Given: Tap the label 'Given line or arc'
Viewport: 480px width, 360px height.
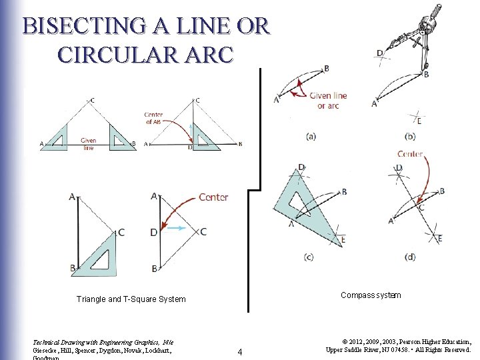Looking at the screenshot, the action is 328,101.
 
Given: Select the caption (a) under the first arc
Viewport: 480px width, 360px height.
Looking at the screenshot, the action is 311,137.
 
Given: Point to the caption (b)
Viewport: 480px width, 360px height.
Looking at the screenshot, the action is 410,137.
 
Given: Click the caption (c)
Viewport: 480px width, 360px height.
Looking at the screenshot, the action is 309,257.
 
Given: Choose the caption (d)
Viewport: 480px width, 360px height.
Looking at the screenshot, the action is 410,257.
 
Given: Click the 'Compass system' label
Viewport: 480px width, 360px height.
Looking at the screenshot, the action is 371,295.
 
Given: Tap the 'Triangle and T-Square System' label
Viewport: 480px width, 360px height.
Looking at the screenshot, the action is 131,299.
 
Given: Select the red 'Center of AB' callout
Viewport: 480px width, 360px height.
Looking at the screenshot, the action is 153,119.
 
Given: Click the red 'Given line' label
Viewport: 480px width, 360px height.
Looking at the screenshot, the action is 89,144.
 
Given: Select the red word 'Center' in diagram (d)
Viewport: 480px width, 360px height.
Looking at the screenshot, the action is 410,154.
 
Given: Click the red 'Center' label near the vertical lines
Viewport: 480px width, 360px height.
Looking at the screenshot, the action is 213,197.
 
